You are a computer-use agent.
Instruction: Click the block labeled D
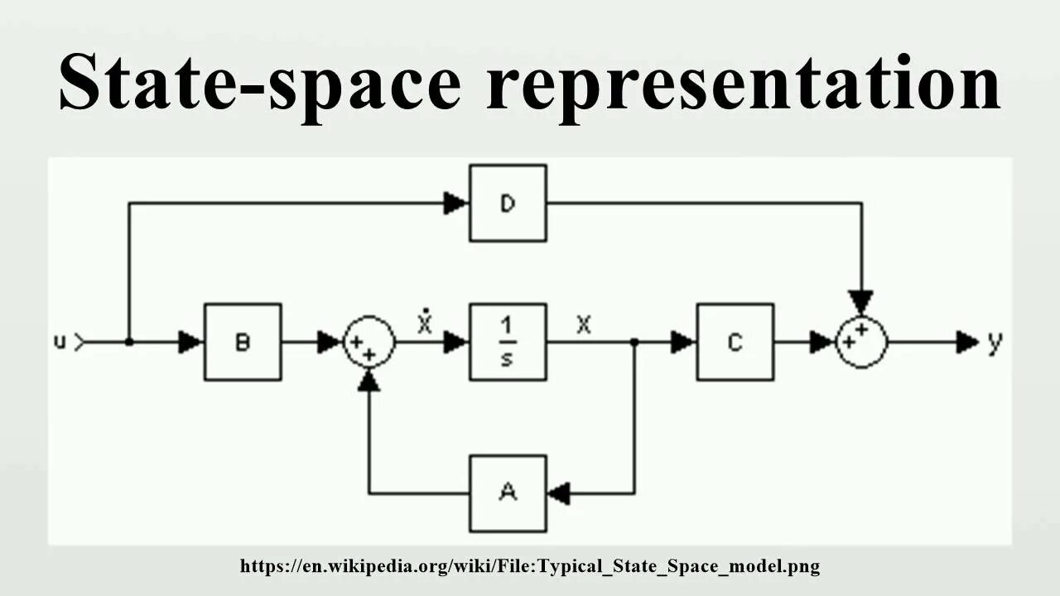point(508,203)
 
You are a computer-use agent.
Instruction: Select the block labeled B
point(243,342)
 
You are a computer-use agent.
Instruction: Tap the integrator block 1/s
point(508,342)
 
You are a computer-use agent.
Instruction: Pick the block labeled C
point(735,342)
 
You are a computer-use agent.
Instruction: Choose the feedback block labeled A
point(508,493)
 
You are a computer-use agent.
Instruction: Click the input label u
point(60,341)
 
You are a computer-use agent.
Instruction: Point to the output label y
point(995,342)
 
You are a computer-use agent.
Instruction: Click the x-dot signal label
point(425,323)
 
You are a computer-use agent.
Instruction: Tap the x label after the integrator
point(584,324)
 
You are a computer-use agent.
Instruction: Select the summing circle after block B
point(369,342)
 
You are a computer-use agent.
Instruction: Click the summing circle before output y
point(861,341)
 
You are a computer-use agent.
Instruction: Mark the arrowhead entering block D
point(455,203)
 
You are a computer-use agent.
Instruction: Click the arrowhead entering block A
point(560,493)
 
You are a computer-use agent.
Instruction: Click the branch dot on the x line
point(634,342)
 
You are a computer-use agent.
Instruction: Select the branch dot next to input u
point(128,342)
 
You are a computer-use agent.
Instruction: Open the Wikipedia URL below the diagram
point(530,567)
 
